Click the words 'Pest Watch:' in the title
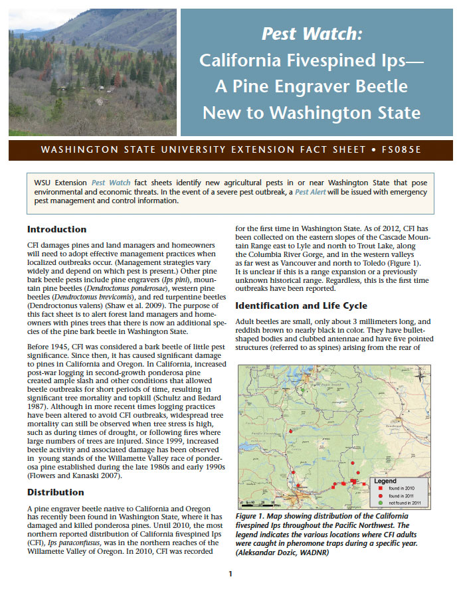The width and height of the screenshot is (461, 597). coord(312,33)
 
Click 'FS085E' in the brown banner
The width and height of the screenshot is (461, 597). coord(401,149)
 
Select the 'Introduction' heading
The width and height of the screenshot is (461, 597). coord(56,229)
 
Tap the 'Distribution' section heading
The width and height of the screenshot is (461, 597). coord(55,492)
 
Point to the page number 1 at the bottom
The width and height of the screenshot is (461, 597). coord(230,574)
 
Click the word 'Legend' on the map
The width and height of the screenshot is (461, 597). coord(385,480)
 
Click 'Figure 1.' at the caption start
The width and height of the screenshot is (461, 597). coord(253,516)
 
